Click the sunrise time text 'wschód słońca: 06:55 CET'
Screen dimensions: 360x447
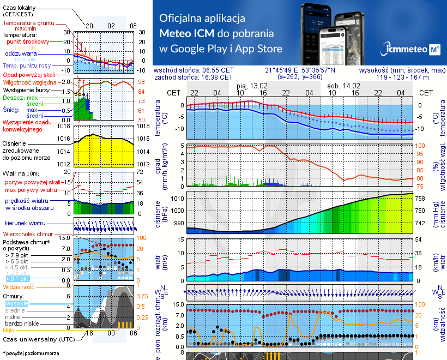[194, 70]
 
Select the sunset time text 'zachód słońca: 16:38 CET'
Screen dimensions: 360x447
[194, 77]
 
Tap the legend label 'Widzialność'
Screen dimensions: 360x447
[19, 286]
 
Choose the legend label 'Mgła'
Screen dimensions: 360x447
[9, 330]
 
